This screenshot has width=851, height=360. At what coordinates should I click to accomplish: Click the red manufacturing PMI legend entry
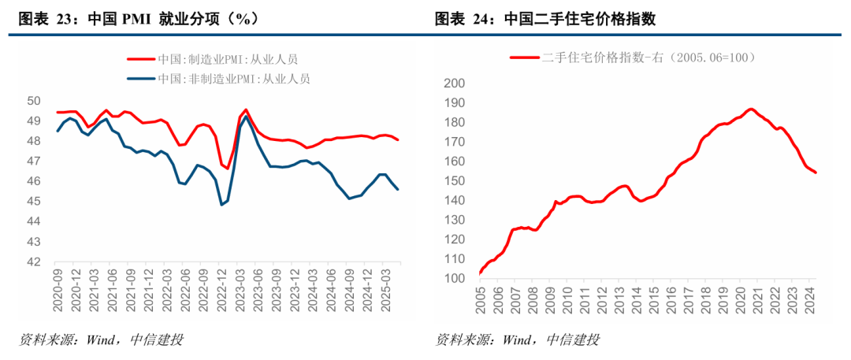[213, 58]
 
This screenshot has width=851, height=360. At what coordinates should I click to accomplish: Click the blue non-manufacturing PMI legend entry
[219, 78]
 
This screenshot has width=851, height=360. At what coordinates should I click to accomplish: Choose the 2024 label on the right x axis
[809, 302]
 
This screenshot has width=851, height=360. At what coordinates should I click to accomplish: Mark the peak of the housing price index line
[750, 109]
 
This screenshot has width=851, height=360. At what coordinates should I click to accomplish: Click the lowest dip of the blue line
[221, 205]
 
